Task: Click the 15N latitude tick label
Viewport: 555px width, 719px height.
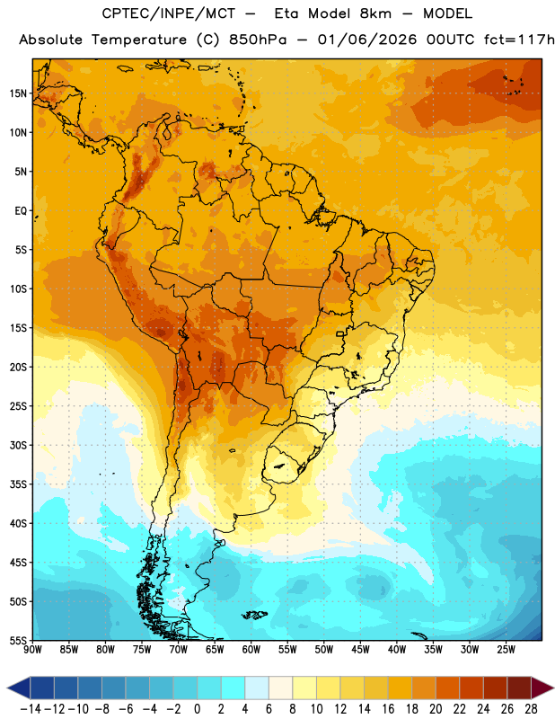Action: point(18,93)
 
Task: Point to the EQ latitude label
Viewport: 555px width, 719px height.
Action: point(21,211)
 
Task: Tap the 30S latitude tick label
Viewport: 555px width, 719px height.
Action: point(18,445)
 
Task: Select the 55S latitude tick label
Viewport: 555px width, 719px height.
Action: point(18,641)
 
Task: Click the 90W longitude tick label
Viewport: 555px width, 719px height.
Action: point(32,650)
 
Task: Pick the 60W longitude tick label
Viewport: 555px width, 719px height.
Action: point(251,650)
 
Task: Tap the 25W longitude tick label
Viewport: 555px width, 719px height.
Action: point(506,650)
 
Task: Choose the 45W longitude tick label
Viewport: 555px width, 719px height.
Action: point(360,650)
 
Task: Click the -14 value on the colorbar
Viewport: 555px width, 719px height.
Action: point(31,709)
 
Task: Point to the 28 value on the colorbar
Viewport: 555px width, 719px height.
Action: point(531,709)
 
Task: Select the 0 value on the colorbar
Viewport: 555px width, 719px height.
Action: point(198,709)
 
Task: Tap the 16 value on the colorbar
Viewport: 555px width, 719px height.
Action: point(388,709)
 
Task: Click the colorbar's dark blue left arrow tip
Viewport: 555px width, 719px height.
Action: point(7,688)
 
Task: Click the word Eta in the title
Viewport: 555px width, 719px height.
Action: point(286,13)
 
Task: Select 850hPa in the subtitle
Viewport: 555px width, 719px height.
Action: point(258,40)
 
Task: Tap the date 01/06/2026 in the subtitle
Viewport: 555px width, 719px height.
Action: point(367,40)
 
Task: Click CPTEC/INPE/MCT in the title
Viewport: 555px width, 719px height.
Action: point(168,13)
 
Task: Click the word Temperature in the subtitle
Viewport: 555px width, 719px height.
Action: point(139,40)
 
